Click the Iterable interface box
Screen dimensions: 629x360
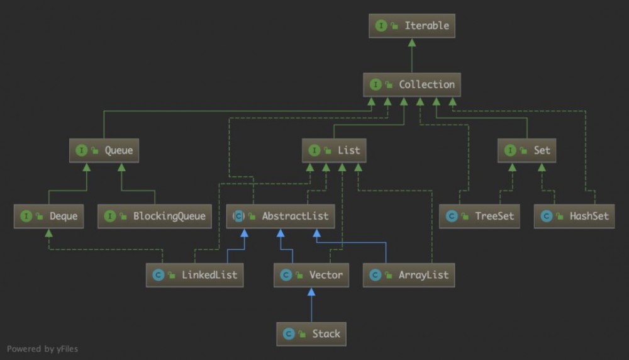point(411,26)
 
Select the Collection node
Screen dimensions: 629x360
point(411,85)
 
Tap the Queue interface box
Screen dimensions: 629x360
point(104,150)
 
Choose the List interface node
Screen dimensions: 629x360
point(334,150)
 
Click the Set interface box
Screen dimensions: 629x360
point(526,150)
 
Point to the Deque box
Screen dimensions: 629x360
point(48,217)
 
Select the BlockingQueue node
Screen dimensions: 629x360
point(155,217)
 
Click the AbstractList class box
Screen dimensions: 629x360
point(281,217)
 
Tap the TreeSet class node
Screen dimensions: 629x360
point(479,217)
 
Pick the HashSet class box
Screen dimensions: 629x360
point(574,217)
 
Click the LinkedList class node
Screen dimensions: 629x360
point(194,275)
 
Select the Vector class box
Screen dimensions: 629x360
point(311,275)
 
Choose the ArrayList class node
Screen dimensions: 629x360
point(409,275)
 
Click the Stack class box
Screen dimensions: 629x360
point(311,334)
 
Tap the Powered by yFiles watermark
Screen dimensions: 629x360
point(43,349)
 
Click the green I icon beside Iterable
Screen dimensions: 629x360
point(381,26)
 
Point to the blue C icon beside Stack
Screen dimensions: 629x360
point(289,334)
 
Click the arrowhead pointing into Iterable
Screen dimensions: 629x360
point(411,42)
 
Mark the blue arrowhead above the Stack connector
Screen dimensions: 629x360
point(311,292)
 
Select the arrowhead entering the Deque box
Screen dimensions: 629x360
point(48,233)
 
